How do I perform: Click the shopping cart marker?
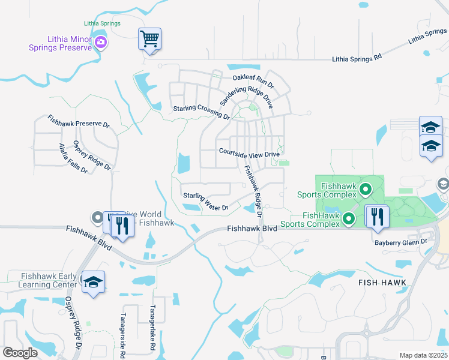pos(149,40)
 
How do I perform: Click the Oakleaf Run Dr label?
pos(253,79)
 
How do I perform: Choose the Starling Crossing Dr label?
pos(201,112)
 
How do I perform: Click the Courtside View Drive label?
pos(249,153)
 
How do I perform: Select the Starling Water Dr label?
pos(206,202)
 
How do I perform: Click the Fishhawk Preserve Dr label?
pos(79,122)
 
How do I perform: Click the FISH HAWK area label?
pos(382,282)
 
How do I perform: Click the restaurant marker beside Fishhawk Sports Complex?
pos(378,216)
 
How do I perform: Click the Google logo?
pos(20,352)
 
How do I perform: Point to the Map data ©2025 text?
pos(424,355)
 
